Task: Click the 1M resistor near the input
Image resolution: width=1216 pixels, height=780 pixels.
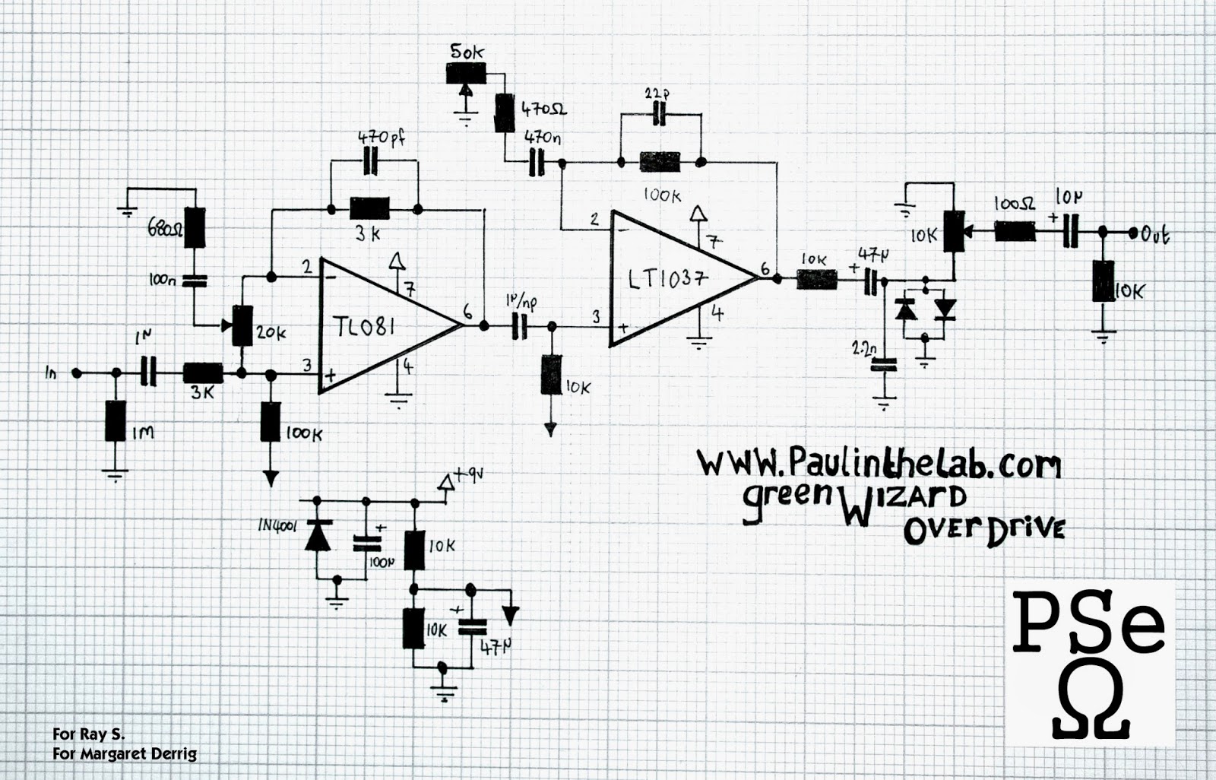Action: click(x=116, y=420)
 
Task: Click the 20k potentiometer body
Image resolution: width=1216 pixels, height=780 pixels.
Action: click(x=242, y=325)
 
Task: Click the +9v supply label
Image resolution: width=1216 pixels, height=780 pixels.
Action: click(x=468, y=477)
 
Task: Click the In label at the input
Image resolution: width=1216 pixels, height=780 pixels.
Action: click(x=51, y=373)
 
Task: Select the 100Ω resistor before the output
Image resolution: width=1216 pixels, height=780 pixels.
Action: click(x=1015, y=231)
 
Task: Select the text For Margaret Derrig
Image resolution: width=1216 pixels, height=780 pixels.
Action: click(x=125, y=754)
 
